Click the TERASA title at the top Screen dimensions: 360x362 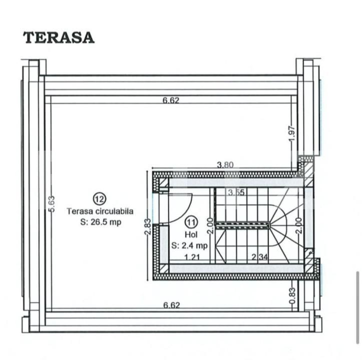click(59, 37)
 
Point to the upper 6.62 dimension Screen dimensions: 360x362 click(171, 100)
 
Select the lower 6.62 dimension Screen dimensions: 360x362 click(171, 304)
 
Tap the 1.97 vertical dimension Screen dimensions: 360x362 click(293, 133)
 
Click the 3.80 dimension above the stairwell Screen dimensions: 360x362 click(225, 165)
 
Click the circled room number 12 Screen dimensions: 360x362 click(99, 199)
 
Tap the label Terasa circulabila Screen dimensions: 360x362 click(100, 211)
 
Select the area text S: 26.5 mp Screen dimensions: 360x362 click(100, 222)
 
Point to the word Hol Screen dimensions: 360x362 click(190, 233)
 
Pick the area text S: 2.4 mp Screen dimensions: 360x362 click(189, 245)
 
